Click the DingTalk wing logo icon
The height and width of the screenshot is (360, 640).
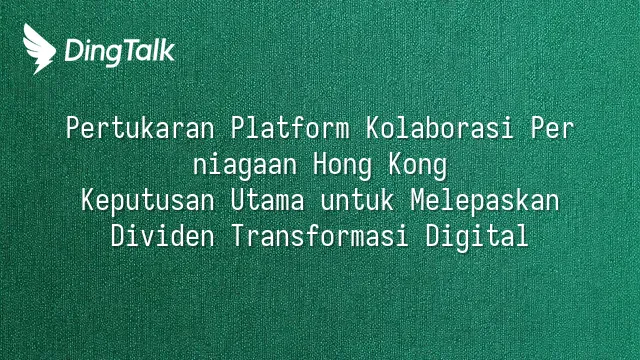point(39,49)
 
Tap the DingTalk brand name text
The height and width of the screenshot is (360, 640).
point(120,52)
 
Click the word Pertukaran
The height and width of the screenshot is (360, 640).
point(140,128)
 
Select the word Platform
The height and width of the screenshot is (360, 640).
point(290,127)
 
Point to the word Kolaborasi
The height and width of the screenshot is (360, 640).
point(439,127)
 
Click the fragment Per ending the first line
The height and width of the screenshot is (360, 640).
point(552,128)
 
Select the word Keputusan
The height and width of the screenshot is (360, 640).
point(148,202)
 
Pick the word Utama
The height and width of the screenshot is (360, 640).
point(267,200)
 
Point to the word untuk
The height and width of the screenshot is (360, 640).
point(357,200)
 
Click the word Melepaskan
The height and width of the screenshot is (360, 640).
point(484,202)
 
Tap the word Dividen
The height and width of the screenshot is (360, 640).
point(162,236)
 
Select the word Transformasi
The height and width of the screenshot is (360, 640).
point(320,236)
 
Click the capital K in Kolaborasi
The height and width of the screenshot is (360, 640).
point(372,128)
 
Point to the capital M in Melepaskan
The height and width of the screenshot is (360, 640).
point(417,200)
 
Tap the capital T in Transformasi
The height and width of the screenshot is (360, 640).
point(238,236)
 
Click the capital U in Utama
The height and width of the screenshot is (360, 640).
point(238,200)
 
